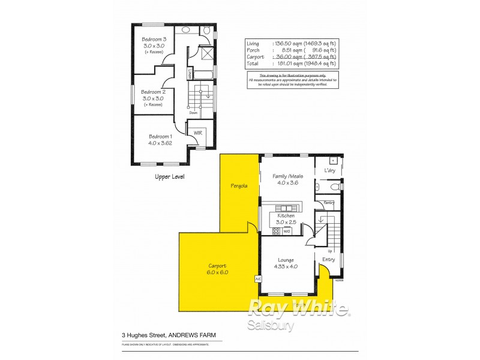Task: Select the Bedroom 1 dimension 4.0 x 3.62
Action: pos(160,143)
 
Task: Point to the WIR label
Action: pos(197,131)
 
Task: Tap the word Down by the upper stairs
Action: pos(193,112)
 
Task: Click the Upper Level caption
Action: pos(170,177)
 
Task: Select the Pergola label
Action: pos(239,186)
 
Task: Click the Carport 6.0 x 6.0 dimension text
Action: pos(218,272)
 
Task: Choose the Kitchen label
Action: pos(286,215)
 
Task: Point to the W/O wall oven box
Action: pos(287,230)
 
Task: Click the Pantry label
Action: pos(329,203)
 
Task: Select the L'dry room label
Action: pos(330,171)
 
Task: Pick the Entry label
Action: pos(329,259)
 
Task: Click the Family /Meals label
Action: pos(288,176)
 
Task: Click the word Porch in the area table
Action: pos(253,50)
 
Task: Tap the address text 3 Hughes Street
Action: pos(143,335)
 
